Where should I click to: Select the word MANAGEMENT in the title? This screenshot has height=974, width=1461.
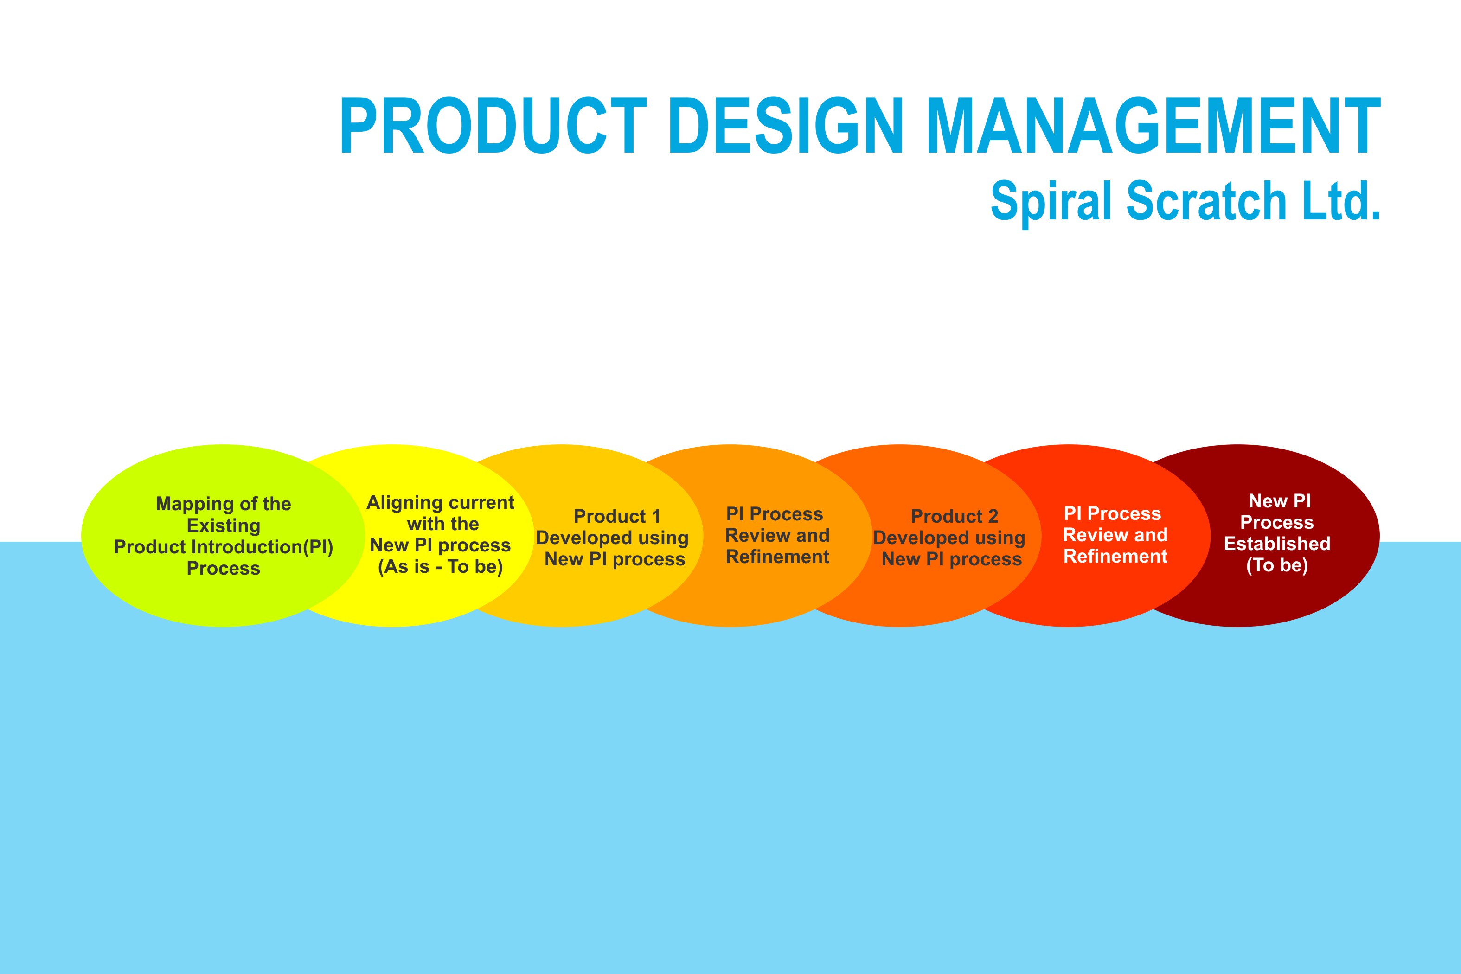point(1153,126)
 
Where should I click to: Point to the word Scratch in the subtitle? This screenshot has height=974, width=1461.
point(1206,200)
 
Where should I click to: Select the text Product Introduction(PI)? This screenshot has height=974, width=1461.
point(224,547)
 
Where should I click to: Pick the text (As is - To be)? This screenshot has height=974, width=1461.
point(441,566)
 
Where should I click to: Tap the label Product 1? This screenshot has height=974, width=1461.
point(617,516)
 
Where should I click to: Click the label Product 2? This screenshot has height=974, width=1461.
point(954,516)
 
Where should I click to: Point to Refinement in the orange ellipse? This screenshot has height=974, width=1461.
point(777,557)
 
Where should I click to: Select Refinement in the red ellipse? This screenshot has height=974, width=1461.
point(1115,556)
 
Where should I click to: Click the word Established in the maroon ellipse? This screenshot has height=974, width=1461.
point(1277,544)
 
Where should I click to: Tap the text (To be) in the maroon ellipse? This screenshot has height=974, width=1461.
point(1277,565)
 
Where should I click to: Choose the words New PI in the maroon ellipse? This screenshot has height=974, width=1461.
point(1280,500)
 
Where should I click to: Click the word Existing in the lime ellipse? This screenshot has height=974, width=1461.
point(224,526)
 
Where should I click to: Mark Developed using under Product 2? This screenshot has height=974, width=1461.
point(949,538)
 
